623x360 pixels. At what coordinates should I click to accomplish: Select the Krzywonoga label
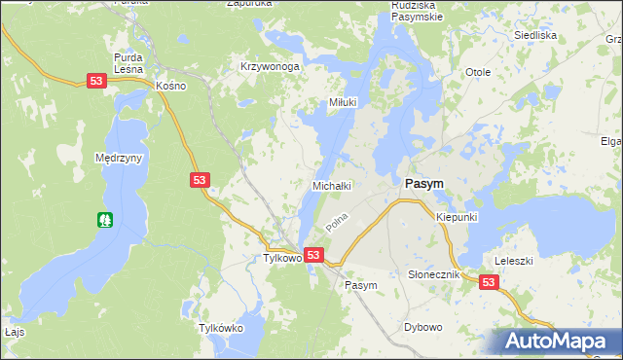[269, 66]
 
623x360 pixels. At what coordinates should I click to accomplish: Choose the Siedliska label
[534, 35]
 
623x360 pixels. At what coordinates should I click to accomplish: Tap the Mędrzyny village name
[120, 158]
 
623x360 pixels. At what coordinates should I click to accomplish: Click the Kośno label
[170, 86]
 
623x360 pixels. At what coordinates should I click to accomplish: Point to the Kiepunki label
[457, 216]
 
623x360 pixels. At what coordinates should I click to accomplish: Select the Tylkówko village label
[220, 328]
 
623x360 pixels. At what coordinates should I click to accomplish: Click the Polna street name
[337, 223]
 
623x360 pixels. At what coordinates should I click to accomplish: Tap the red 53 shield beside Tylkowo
[312, 255]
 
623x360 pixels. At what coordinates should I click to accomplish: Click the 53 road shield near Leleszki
[489, 282]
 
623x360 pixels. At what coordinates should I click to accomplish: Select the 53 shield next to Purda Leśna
[95, 82]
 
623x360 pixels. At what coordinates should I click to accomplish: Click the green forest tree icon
[105, 220]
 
